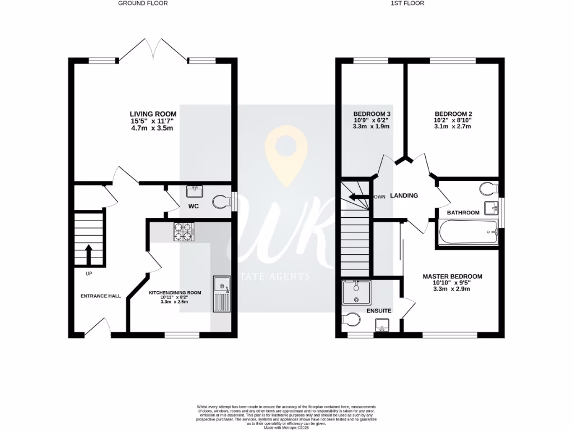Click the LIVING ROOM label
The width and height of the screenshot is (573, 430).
coord(149,114)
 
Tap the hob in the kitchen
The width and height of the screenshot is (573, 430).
coord(183,231)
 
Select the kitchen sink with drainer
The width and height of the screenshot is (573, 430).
coord(222,293)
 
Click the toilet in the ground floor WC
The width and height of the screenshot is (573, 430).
coord(223,202)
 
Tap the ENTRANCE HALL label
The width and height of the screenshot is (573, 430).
coord(101,296)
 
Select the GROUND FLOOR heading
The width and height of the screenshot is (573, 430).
coord(143,3)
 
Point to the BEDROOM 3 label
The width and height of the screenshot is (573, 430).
coord(372,114)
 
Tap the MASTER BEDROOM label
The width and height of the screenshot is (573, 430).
coord(452,277)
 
